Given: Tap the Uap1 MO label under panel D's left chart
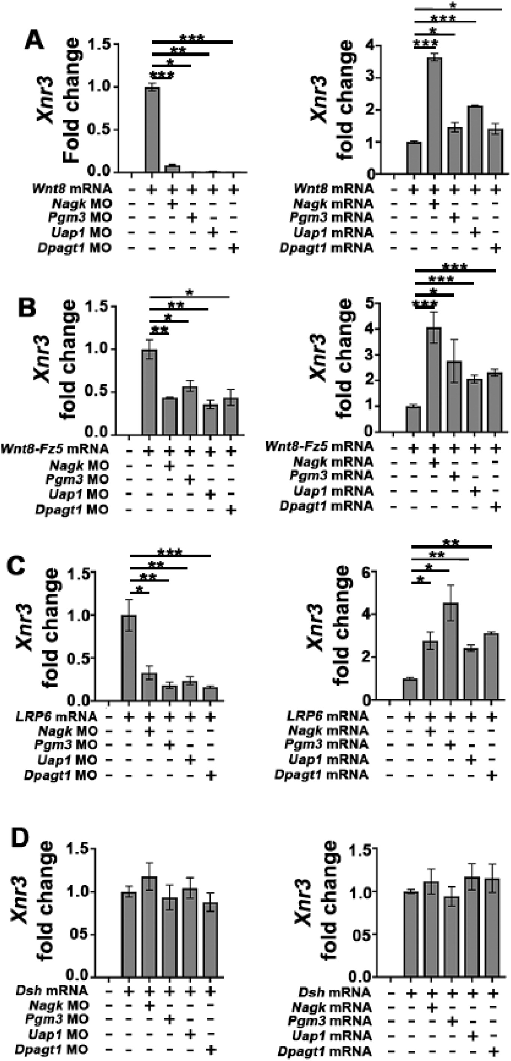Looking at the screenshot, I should click(58, 1034).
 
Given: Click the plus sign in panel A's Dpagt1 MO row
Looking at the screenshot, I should click(233, 248).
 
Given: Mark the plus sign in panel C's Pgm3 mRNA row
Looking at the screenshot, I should click(450, 745).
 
